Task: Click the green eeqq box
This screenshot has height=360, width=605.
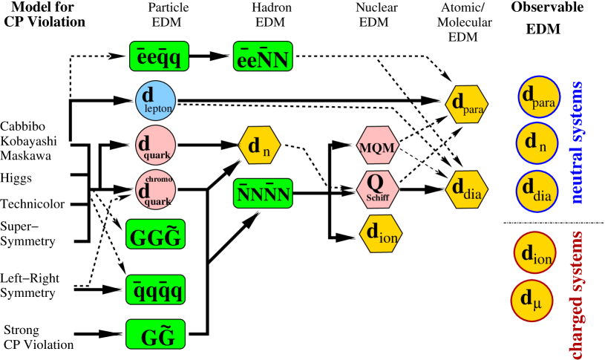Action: tap(159, 56)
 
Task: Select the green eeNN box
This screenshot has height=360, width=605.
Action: tap(263, 56)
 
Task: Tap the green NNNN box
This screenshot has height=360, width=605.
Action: tap(263, 193)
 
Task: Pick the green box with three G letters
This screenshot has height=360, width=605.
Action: tap(155, 234)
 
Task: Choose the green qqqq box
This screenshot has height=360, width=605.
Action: tap(155, 289)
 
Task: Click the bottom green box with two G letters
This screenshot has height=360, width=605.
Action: tap(155, 334)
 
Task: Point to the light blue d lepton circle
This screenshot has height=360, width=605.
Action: tap(155, 100)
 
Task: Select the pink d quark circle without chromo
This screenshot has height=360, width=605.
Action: tap(155, 145)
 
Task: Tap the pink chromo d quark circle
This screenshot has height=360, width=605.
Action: tap(155, 189)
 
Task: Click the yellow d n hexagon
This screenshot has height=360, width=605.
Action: tap(259, 145)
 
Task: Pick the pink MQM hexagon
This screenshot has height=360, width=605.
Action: tap(377, 145)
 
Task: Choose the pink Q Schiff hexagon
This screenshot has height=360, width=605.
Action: tap(377, 189)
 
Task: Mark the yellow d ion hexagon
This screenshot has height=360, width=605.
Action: tap(381, 234)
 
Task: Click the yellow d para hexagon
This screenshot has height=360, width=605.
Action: tap(466, 104)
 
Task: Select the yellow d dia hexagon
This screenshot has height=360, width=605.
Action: tap(466, 189)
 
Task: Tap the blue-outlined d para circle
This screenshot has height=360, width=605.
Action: tap(539, 96)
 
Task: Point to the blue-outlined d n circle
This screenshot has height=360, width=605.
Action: tap(537, 143)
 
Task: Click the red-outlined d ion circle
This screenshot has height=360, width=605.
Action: tap(534, 252)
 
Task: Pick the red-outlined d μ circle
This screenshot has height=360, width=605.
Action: tap(532, 301)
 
